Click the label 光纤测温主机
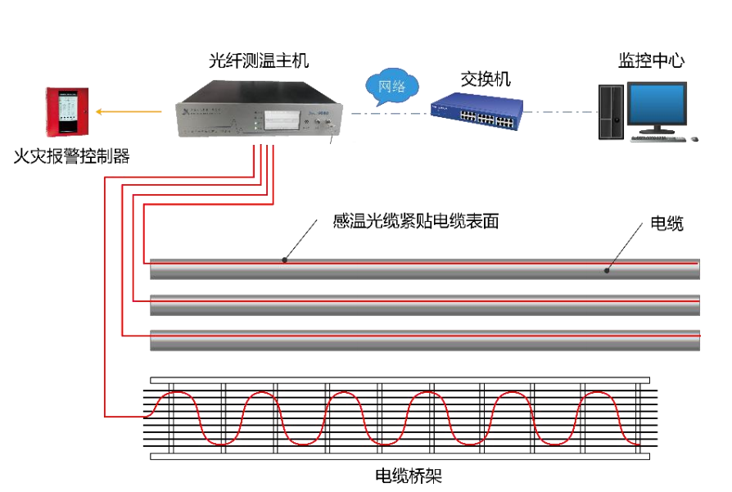259,61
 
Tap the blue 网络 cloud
392,86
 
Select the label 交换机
485,79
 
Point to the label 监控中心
651,61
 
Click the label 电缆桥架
408,475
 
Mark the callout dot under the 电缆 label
607,269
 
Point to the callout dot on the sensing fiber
285,260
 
